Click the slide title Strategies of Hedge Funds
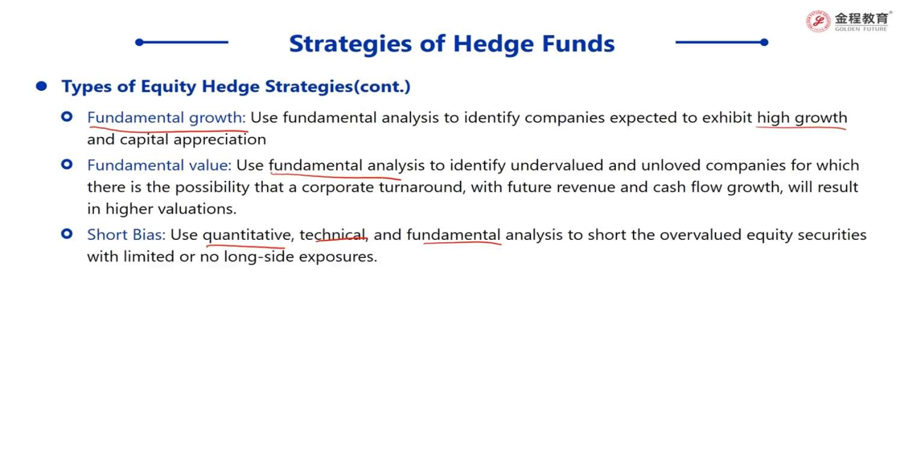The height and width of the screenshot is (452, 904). click(451, 43)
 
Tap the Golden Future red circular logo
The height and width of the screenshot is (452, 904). click(818, 21)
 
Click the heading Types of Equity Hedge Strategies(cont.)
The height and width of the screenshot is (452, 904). click(236, 86)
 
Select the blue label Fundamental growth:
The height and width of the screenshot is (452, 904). click(166, 118)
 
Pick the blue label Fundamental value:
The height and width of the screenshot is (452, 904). click(160, 165)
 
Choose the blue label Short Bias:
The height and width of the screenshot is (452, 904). click(127, 234)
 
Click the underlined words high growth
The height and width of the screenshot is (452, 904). click(802, 118)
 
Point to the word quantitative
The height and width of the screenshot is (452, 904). click(246, 235)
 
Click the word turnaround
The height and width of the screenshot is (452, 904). click(421, 187)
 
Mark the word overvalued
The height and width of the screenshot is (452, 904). click(700, 234)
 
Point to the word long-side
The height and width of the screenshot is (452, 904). click(259, 257)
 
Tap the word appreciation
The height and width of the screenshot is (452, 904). click(220, 140)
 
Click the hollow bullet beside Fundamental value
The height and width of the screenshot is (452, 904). click(66, 165)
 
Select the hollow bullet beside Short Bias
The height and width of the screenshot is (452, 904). click(66, 234)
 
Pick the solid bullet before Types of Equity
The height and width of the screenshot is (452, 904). click(41, 86)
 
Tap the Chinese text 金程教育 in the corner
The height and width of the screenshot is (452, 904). click(861, 18)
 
